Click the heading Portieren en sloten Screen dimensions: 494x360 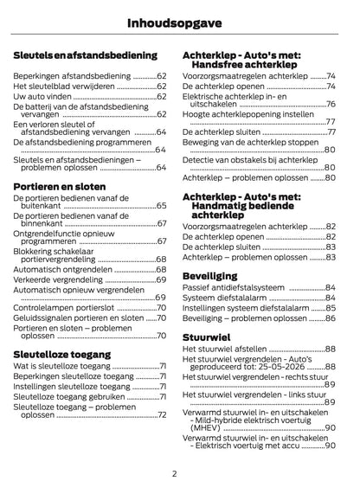tap(60, 185)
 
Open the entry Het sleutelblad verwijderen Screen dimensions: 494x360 tap(65, 87)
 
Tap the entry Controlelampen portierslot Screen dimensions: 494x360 tap(66, 307)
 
